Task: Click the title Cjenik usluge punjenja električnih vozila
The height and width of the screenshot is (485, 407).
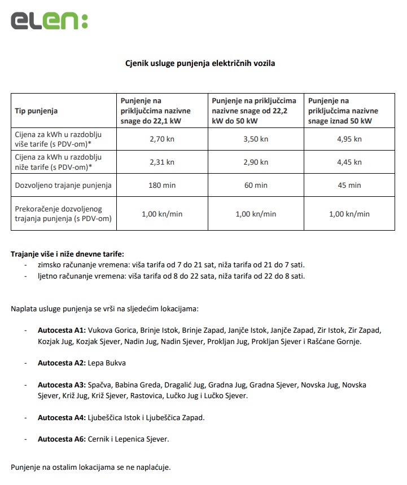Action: click(x=200, y=64)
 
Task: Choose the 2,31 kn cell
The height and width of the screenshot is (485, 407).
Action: click(x=161, y=162)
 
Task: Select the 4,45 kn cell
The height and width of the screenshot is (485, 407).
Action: click(x=350, y=162)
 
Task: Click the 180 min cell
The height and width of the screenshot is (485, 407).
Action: click(x=161, y=185)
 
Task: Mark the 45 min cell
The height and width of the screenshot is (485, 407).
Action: click(x=350, y=185)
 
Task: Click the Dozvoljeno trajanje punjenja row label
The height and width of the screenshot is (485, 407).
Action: click(x=63, y=185)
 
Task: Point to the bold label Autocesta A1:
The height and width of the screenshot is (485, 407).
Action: click(x=62, y=330)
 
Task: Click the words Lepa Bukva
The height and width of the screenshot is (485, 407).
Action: click(x=107, y=363)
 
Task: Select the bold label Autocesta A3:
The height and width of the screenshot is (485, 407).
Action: click(x=62, y=385)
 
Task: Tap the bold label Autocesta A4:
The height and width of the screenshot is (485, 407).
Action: click(x=62, y=417)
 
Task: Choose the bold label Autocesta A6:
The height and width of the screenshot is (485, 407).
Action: click(x=62, y=439)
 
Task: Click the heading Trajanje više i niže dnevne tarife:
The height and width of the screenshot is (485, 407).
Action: click(x=67, y=254)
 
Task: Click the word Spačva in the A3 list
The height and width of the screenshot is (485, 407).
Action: click(x=99, y=385)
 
